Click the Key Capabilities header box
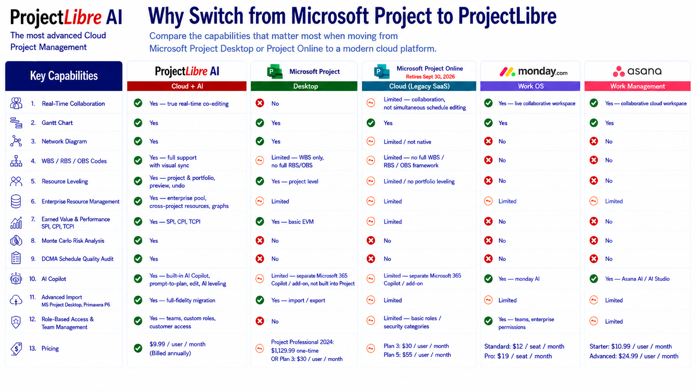64,76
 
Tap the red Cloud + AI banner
187,86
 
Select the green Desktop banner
304,86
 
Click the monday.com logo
533,72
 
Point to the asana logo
637,71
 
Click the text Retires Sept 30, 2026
430,77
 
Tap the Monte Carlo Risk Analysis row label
73,241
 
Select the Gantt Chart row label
57,123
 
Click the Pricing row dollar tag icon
16,349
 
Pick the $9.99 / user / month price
177,344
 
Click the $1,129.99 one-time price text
295,351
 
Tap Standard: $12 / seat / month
524,346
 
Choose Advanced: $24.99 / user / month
634,356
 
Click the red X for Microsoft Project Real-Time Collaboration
260,103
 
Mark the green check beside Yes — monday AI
488,279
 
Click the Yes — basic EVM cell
292,222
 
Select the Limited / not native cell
407,142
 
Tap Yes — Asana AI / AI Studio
637,279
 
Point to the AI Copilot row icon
16,279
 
